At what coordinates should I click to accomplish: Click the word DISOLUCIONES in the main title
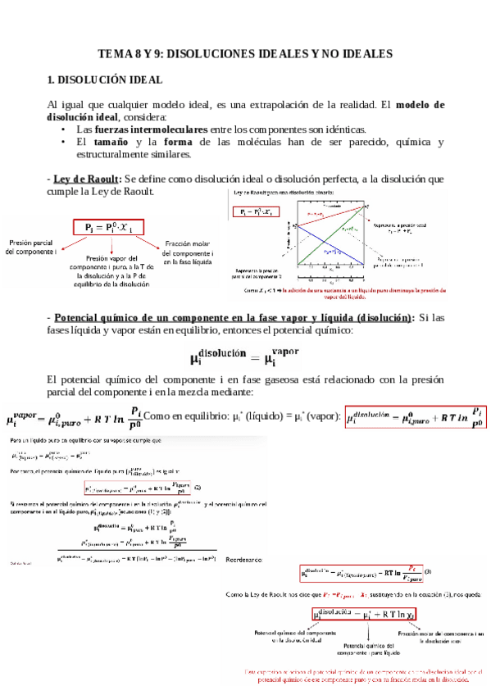point(225,54)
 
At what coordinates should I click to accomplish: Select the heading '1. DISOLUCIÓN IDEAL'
point(105,80)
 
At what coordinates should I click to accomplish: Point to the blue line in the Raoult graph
point(328,238)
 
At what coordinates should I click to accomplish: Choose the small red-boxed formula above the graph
point(255,212)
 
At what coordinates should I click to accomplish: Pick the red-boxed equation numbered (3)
point(361,570)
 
